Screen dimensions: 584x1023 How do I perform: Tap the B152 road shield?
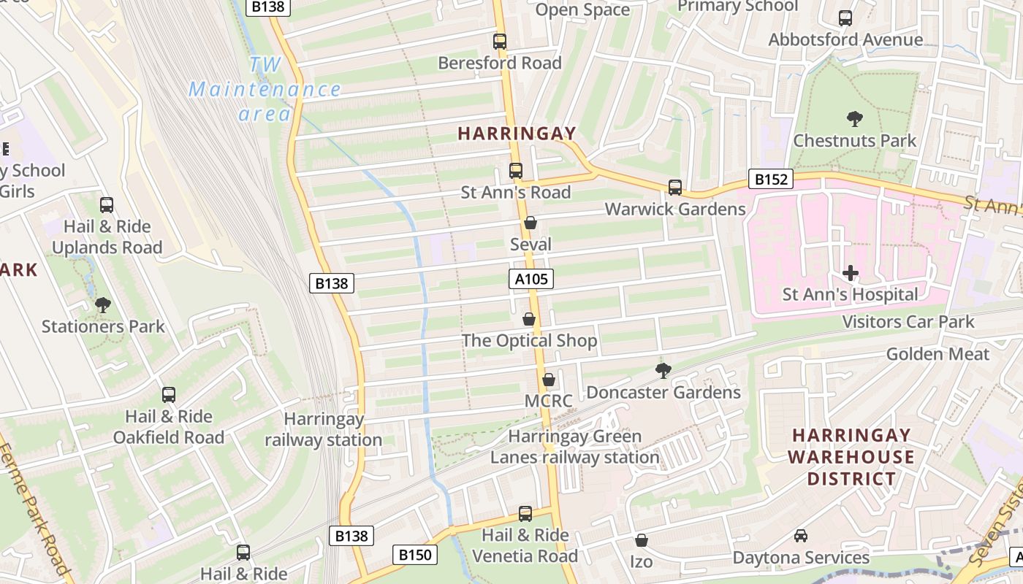[770, 179]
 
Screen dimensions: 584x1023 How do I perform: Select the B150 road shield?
[415, 555]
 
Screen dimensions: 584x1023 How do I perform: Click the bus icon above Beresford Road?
[500, 42]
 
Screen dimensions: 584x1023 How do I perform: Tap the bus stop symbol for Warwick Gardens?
[675, 188]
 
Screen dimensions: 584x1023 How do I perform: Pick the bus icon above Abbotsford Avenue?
[845, 18]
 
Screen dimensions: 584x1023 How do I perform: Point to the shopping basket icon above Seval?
[530, 223]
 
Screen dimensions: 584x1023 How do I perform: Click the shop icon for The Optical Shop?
[529, 320]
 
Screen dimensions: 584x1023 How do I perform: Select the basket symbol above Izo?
[641, 541]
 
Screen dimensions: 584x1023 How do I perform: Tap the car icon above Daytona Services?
[801, 536]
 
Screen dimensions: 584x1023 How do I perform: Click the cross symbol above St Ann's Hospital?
[851, 274]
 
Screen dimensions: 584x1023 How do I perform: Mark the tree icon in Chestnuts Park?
[854, 119]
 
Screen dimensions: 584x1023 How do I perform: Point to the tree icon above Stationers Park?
[103, 304]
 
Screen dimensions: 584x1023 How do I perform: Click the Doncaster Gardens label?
[663, 393]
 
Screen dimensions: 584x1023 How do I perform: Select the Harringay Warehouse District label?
[851, 457]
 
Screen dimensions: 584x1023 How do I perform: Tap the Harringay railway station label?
[323, 430]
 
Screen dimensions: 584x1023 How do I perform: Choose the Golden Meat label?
[938, 355]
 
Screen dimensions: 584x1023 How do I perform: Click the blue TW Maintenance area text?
[265, 90]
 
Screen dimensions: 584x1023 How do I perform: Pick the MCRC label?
[548, 401]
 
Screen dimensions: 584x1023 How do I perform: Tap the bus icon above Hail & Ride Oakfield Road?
[169, 395]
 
